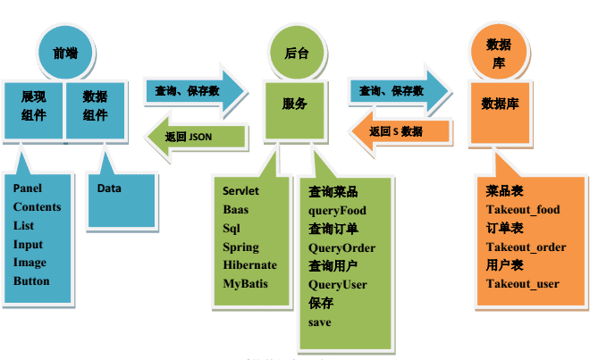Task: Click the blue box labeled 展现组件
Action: [x=33, y=105]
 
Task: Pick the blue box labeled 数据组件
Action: [x=96, y=105]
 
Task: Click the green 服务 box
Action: [x=295, y=105]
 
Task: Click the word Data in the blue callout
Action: [x=109, y=188]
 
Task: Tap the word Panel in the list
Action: [x=28, y=188]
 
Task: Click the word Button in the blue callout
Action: [x=31, y=281]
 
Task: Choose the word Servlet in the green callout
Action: [x=240, y=191]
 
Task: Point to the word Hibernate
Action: [x=249, y=265]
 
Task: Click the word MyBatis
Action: [x=245, y=283]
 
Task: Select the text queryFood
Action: [x=337, y=211]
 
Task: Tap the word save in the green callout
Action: [x=319, y=322]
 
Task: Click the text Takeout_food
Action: [x=523, y=210]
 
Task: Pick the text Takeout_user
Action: [x=522, y=284]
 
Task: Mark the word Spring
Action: [x=240, y=247]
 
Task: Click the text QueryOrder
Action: [x=341, y=247]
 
